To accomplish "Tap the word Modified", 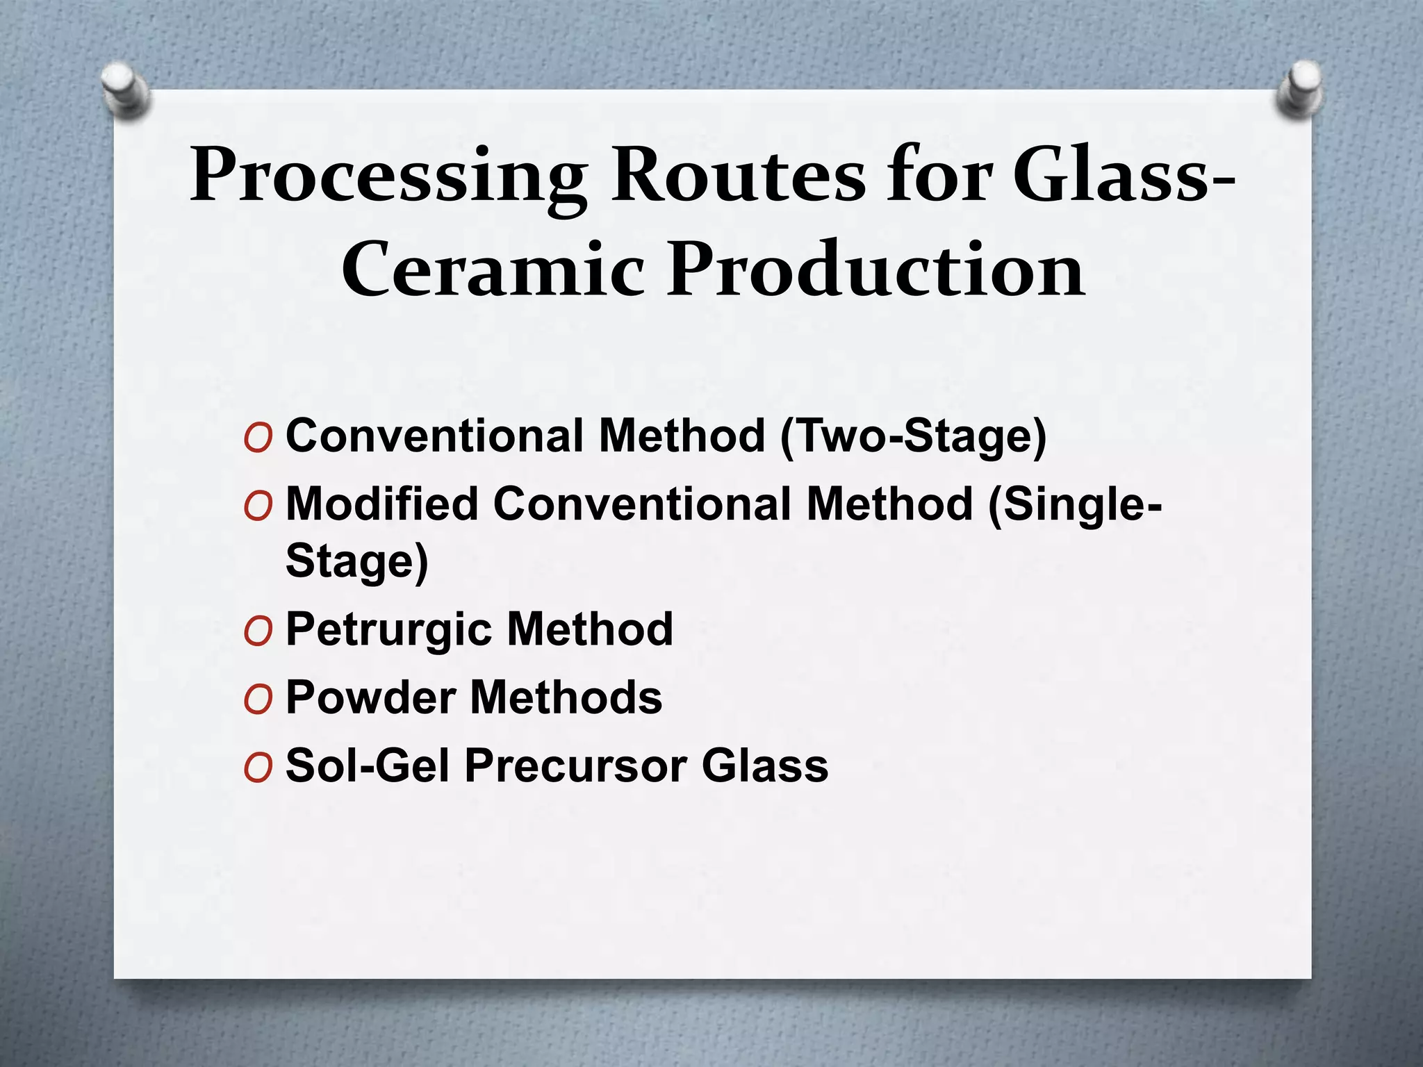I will (382, 504).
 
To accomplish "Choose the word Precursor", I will (576, 766).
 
